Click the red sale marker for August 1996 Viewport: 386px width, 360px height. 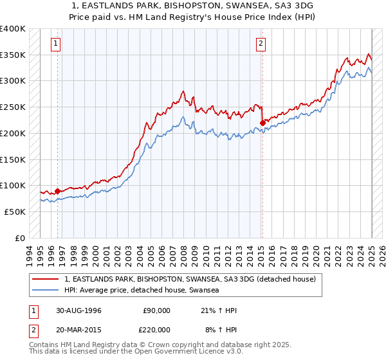(58, 190)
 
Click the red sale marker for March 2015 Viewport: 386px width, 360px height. (262, 122)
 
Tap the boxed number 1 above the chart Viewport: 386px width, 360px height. (56, 44)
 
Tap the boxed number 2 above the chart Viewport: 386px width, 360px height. (261, 44)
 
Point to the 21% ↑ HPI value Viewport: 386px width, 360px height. (219, 310)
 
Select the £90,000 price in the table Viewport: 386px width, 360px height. (156, 310)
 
